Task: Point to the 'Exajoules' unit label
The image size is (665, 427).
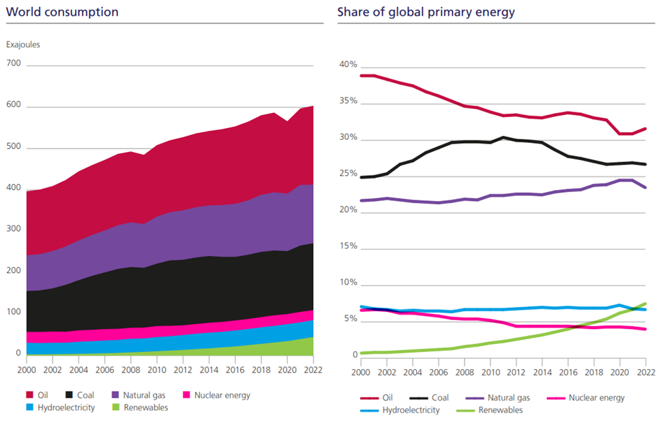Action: pos(24,45)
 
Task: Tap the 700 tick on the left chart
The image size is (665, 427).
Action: pos(14,64)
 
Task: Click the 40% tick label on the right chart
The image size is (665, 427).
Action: pos(348,65)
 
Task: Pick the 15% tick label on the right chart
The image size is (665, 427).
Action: pos(348,245)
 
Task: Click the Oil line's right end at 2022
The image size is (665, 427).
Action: pos(645,129)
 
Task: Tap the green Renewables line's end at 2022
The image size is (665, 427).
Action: pos(645,304)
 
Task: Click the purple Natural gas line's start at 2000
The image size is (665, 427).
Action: pos(361,201)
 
